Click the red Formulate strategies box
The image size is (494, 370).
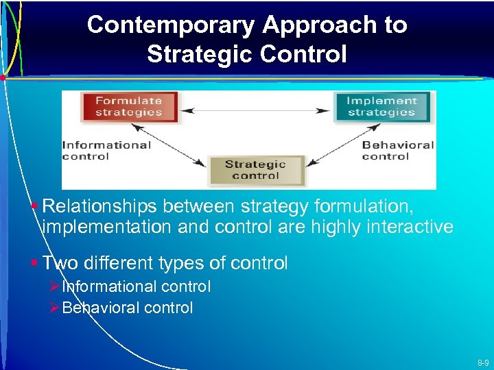[x=128, y=107]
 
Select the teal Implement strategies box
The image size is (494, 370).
[x=381, y=107]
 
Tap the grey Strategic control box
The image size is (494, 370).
[x=255, y=170]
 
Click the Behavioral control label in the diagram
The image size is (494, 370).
[x=398, y=150]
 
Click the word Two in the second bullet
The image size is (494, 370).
[x=59, y=263]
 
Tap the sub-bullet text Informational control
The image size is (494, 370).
[x=136, y=286]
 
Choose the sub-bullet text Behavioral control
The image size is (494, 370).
[x=127, y=308]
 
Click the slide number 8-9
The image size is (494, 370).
[x=482, y=362]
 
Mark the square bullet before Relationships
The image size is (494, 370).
[x=34, y=205]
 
